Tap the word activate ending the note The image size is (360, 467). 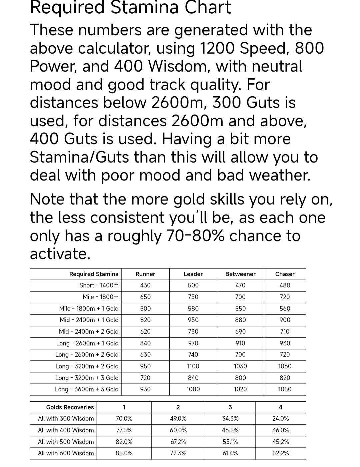[60, 254]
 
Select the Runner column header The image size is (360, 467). [145, 274]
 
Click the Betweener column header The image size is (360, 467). [240, 274]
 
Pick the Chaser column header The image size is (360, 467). [285, 274]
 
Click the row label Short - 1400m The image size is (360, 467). [99, 285]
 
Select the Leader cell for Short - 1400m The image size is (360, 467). [193, 285]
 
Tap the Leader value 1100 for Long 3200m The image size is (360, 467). [193, 366]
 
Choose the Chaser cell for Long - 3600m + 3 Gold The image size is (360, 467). [285, 389]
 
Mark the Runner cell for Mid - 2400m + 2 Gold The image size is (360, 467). [145, 332]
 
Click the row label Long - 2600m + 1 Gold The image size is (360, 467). [87, 343]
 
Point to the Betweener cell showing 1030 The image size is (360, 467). [240, 366]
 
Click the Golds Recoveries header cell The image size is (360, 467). [70, 407]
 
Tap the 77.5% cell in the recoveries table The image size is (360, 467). [124, 430]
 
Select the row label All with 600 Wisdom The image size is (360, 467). [66, 453]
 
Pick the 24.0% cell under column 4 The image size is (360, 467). [280, 419]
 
